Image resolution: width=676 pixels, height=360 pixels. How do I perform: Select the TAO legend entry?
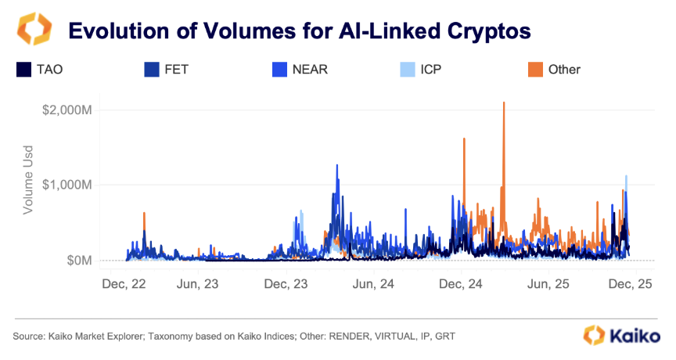pyautogui.click(x=40, y=69)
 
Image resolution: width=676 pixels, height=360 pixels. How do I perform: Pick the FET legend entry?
pyautogui.click(x=167, y=69)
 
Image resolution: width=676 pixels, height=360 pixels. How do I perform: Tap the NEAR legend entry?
pyautogui.click(x=298, y=69)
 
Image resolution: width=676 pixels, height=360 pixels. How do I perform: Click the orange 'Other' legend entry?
pyautogui.click(x=555, y=69)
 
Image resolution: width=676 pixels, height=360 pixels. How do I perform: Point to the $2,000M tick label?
pyautogui.click(x=69, y=110)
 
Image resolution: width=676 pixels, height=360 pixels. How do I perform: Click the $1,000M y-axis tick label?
pyautogui.click(x=69, y=185)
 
